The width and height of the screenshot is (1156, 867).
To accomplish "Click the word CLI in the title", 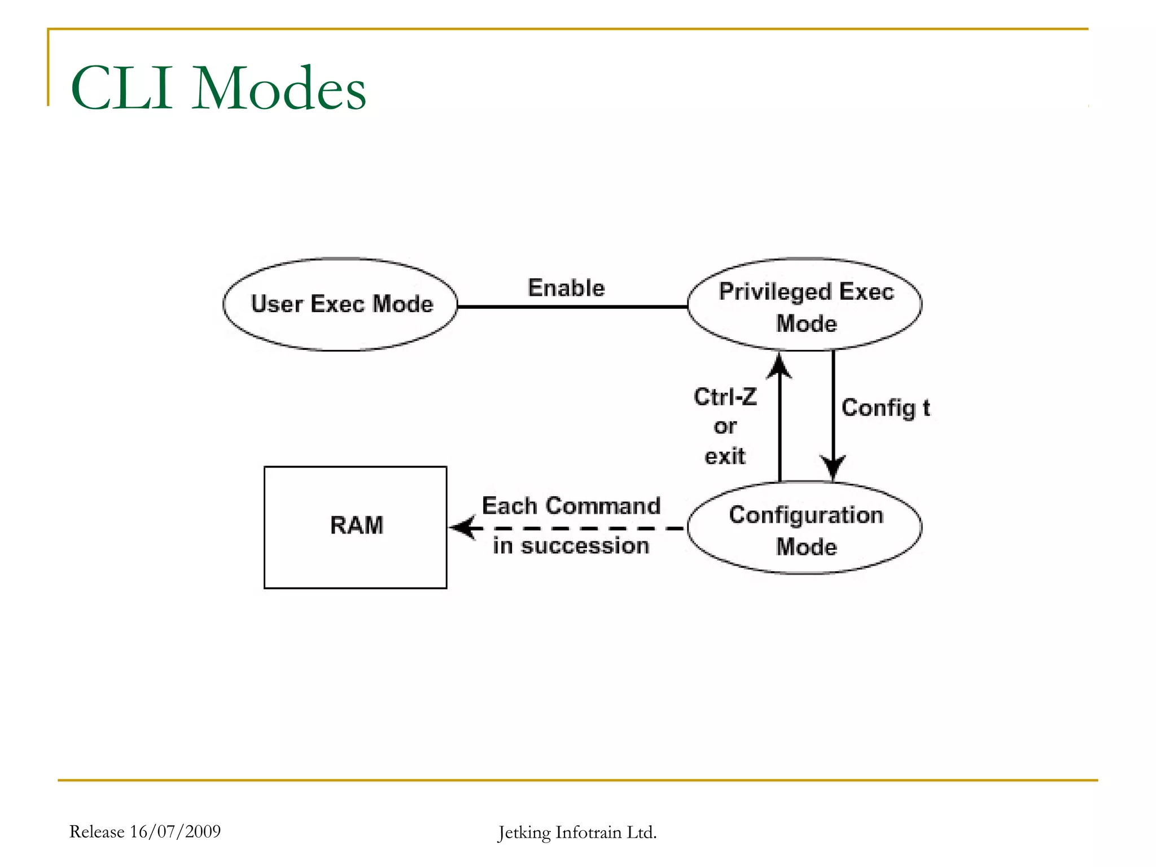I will tap(121, 89).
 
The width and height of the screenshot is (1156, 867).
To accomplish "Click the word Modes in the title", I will tap(279, 89).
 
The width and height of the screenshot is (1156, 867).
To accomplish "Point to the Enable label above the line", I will tap(566, 288).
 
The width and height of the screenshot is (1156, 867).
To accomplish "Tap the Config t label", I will tap(885, 408).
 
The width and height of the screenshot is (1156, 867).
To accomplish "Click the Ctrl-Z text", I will tap(725, 397).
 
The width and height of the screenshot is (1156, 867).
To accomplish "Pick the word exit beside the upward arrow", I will tap(725, 456).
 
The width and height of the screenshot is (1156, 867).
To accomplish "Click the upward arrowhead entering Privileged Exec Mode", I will tap(780, 366).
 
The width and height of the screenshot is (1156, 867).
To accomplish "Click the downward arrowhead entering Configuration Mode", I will tap(833, 467).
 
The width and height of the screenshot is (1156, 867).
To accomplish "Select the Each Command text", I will tap(571, 506).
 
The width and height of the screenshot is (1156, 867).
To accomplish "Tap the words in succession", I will tap(571, 546).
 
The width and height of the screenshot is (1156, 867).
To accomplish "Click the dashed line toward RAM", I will tap(587, 528).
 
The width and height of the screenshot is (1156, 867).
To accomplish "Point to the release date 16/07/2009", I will tap(175, 831).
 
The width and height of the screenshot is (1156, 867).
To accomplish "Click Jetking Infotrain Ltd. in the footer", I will tap(577, 833).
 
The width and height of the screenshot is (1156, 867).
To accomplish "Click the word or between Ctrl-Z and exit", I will tap(725, 426).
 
